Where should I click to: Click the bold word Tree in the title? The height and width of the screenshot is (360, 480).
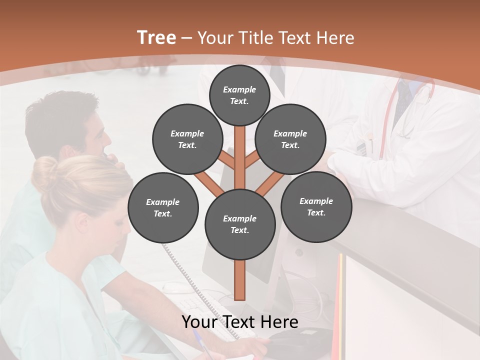[x=156, y=38]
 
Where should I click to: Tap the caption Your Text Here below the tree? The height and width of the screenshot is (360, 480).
[x=240, y=322]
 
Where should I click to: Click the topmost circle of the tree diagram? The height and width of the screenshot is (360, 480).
[x=239, y=95]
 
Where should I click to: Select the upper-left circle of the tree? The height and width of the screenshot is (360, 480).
[x=187, y=139]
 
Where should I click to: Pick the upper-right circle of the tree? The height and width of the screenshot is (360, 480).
[x=290, y=139]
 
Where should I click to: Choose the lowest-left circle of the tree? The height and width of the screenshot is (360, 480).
[x=163, y=207]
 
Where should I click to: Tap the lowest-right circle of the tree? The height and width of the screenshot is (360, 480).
[x=316, y=206]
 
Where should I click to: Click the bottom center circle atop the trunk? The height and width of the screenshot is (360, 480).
[x=239, y=224]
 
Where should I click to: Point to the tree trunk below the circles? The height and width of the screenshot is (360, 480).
[x=240, y=280]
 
